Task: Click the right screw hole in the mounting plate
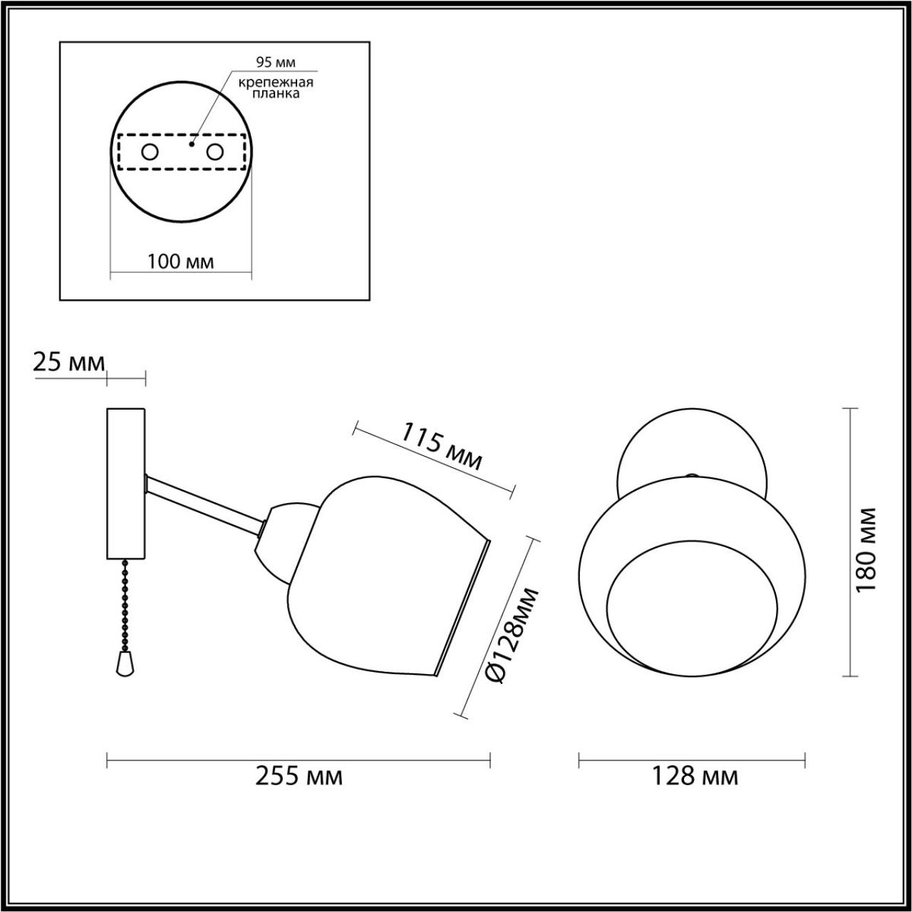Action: click(215, 152)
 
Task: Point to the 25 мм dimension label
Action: click(69, 363)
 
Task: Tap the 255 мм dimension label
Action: click(299, 777)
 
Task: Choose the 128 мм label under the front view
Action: click(695, 777)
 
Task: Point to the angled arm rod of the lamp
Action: click(205, 504)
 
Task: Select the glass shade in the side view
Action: click(380, 578)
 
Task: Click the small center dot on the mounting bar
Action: click(192, 142)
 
